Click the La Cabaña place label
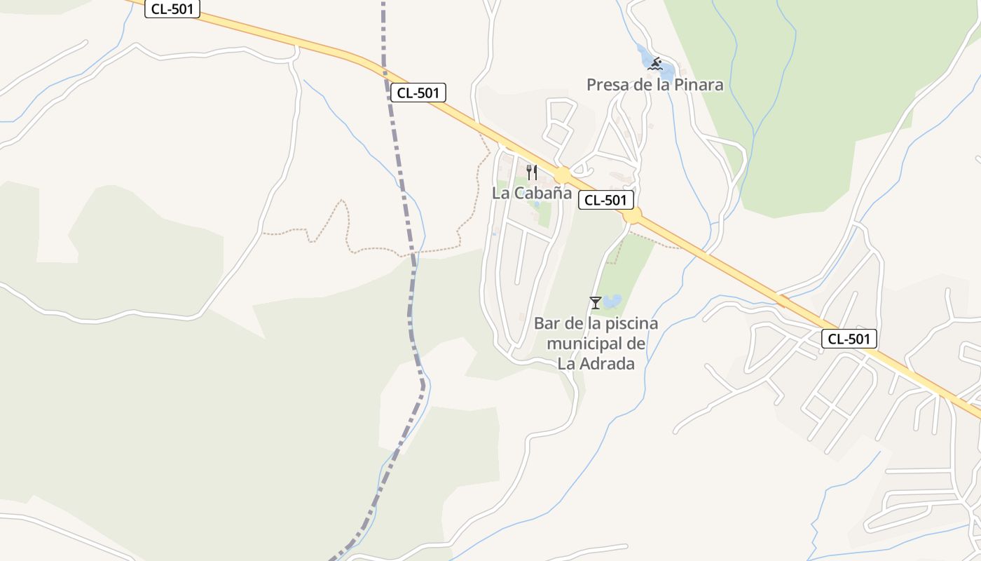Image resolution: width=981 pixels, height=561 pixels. pyautogui.click(x=532, y=194)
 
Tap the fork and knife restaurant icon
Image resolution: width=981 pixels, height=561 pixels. pyautogui.click(x=532, y=172)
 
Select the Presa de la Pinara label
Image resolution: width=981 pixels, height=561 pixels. pyautogui.click(x=654, y=85)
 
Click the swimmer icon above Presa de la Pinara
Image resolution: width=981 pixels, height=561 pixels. pyautogui.click(x=655, y=65)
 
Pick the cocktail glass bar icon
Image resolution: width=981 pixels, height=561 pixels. pyautogui.click(x=595, y=302)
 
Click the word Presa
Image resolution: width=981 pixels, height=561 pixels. pyautogui.click(x=607, y=85)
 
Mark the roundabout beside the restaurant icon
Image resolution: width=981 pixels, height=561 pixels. pyautogui.click(x=562, y=174)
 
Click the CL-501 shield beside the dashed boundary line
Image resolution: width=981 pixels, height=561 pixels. pyautogui.click(x=418, y=93)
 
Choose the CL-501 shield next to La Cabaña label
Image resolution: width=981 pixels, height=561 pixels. pyautogui.click(x=606, y=200)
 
